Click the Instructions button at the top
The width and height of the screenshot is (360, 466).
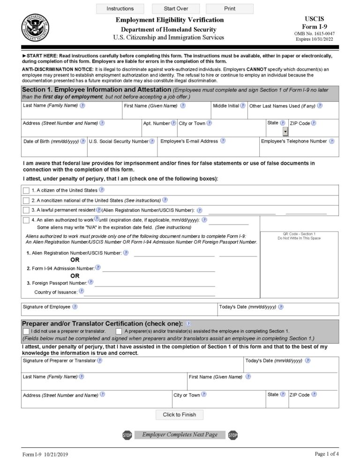point(120,8)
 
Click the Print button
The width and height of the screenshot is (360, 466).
point(230,8)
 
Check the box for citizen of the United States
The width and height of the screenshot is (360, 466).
point(26,190)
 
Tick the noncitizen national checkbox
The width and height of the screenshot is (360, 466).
point(26,201)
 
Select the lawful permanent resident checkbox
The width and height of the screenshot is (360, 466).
point(26,210)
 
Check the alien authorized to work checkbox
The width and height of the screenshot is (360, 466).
point(26,220)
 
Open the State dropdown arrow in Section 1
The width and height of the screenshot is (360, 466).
point(285,132)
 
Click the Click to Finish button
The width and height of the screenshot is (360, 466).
point(180,414)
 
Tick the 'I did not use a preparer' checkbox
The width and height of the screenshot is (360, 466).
point(26,331)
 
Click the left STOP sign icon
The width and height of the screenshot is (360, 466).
point(127,435)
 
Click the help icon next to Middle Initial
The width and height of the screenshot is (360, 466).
point(243,106)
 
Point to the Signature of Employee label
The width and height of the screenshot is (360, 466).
point(46,307)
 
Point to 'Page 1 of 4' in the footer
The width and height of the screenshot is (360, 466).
point(326,454)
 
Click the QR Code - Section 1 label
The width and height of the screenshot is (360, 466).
point(299,234)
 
